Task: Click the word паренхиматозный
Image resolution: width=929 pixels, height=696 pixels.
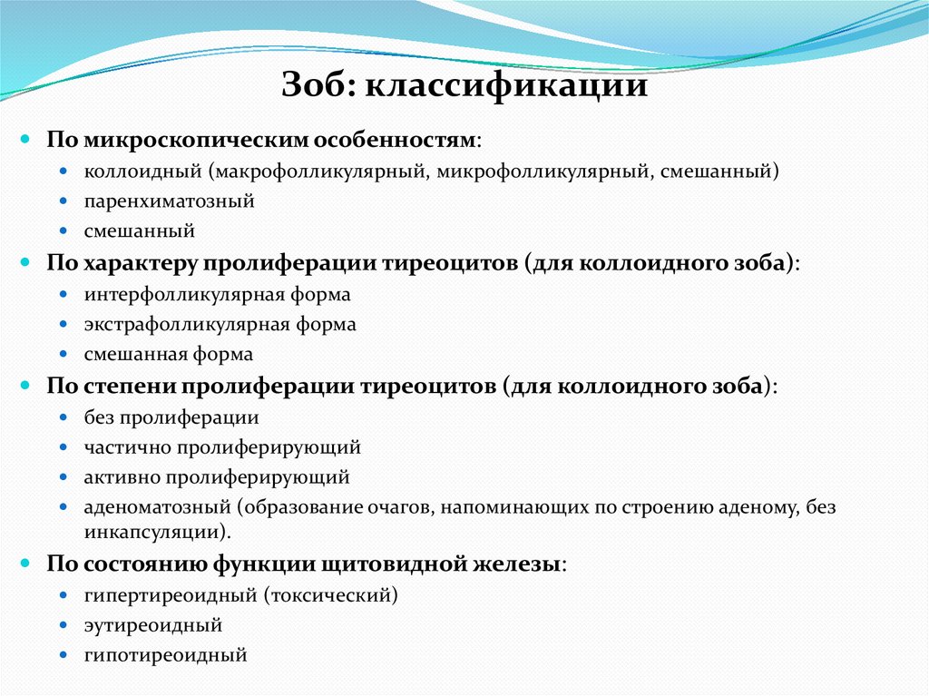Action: pyautogui.click(x=169, y=201)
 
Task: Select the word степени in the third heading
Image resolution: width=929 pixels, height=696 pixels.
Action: pyautogui.click(x=131, y=387)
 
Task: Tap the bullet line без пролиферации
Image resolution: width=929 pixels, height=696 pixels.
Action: pyautogui.click(x=171, y=418)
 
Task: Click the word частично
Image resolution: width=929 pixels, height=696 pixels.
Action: pyautogui.click(x=128, y=448)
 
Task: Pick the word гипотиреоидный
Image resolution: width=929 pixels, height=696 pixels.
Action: pyautogui.click(x=165, y=655)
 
